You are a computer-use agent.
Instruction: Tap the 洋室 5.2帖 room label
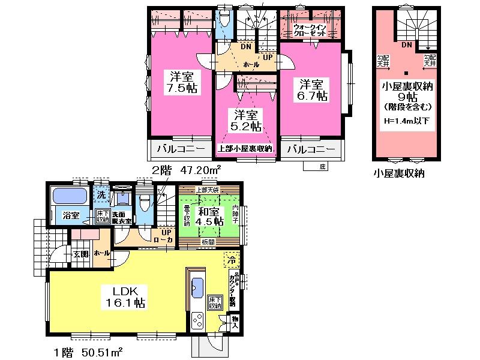[x=247, y=120]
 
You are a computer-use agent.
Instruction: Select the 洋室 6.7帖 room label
[x=313, y=89]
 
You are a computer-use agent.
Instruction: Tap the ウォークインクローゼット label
[x=310, y=31]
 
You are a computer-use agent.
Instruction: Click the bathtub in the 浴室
[x=70, y=196]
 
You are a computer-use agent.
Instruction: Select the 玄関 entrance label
[x=81, y=254]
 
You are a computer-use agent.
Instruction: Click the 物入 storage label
[x=235, y=323]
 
